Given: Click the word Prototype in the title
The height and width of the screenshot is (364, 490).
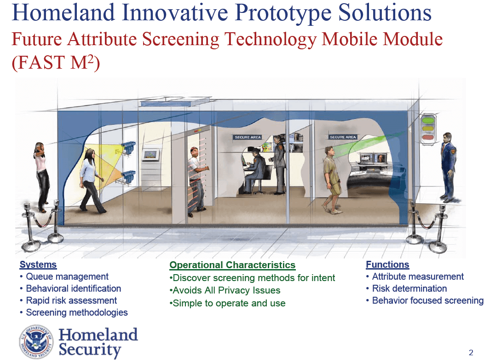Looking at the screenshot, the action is coord(283,13).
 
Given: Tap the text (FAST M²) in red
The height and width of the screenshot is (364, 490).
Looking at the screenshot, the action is coord(56,62).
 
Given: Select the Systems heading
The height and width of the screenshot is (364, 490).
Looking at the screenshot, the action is coord(38,264).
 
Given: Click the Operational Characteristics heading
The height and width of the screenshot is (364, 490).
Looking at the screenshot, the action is coord(232,265).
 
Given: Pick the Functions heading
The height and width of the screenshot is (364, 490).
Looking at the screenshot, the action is coord(387,264).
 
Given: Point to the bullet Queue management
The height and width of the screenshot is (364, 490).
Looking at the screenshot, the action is coord(67,276).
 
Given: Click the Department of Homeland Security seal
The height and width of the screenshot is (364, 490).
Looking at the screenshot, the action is coord(36,341).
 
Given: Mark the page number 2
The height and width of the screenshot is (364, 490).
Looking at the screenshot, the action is coord(471,353).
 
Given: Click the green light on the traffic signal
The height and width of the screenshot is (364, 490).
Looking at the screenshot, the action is coord(428,120).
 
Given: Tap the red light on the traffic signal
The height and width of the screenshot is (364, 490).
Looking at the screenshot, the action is coord(428,137).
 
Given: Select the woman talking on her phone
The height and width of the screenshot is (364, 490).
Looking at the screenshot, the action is coord(41,177).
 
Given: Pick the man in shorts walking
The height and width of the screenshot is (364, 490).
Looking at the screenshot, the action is coord(332,180).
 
